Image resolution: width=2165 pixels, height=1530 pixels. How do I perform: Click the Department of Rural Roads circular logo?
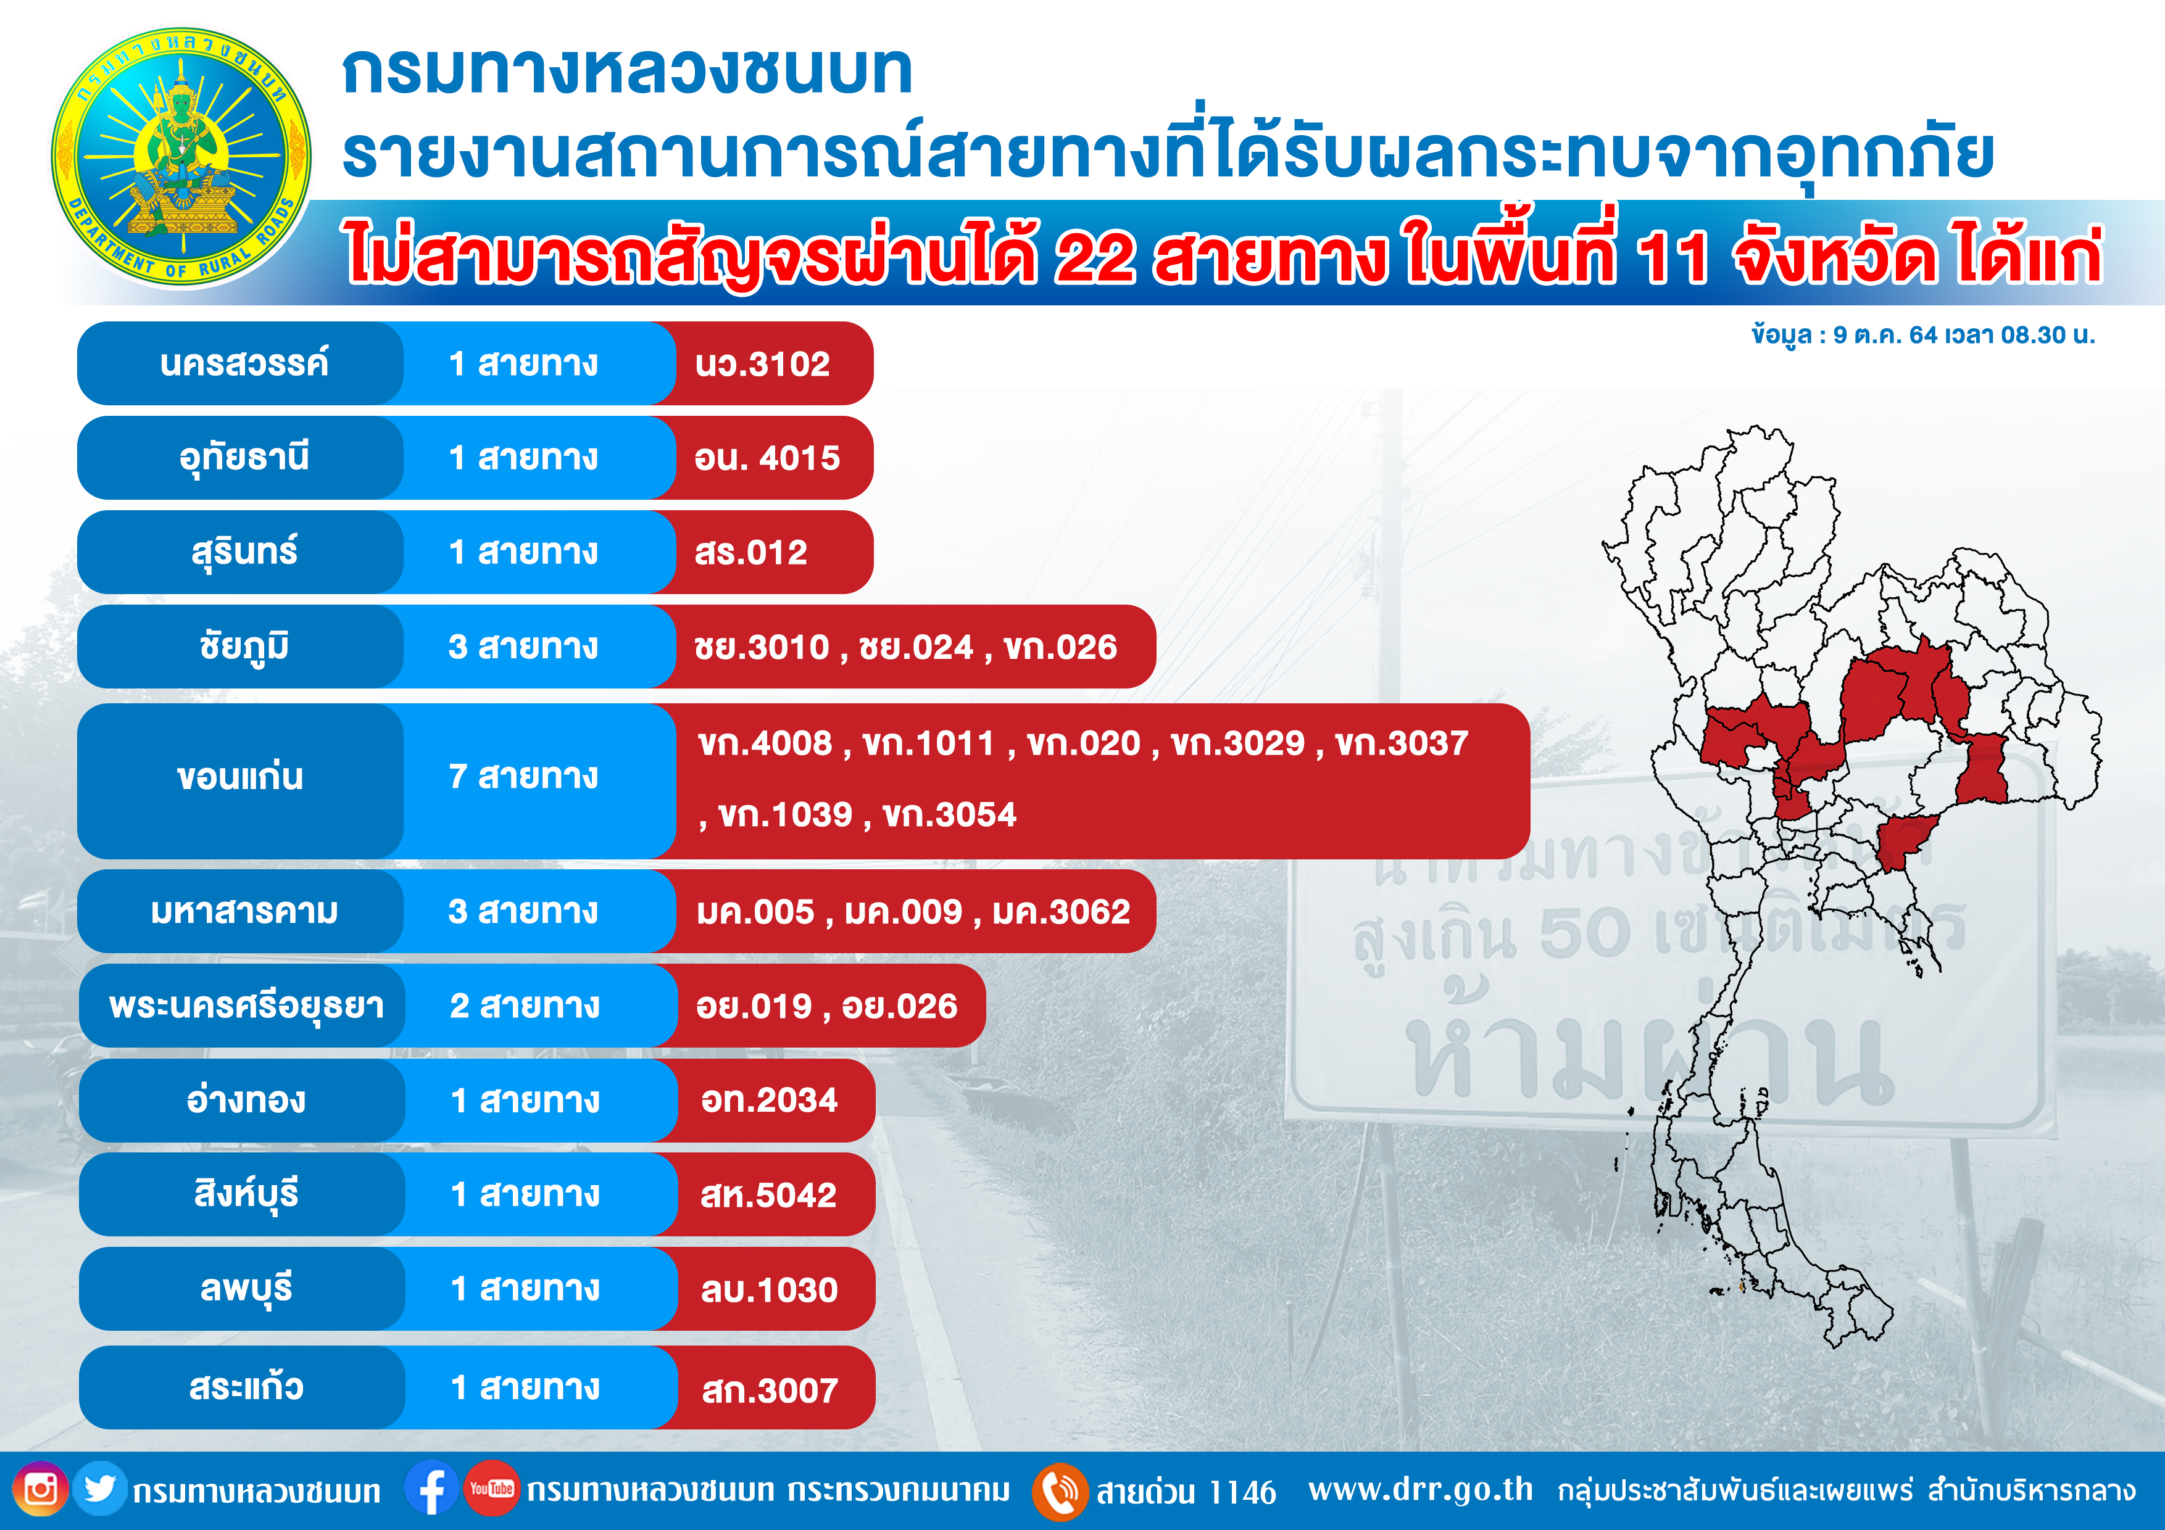(181, 157)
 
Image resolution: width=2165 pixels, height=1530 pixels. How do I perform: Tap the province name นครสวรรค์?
(244, 363)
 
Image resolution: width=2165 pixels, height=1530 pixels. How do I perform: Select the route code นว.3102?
(762, 364)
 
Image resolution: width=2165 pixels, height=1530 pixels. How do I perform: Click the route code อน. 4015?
(767, 458)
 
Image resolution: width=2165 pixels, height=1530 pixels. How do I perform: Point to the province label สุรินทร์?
(244, 552)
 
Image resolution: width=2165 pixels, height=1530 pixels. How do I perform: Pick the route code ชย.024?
(916, 648)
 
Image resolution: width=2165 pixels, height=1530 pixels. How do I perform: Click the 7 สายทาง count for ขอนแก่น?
(523, 776)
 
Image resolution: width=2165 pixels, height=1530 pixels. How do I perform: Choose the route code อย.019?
(754, 1007)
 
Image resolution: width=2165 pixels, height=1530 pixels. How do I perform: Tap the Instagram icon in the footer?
(39, 1489)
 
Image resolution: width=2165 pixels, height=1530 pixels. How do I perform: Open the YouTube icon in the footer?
(491, 1489)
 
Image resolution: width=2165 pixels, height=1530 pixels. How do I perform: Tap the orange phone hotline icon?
(1060, 1491)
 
